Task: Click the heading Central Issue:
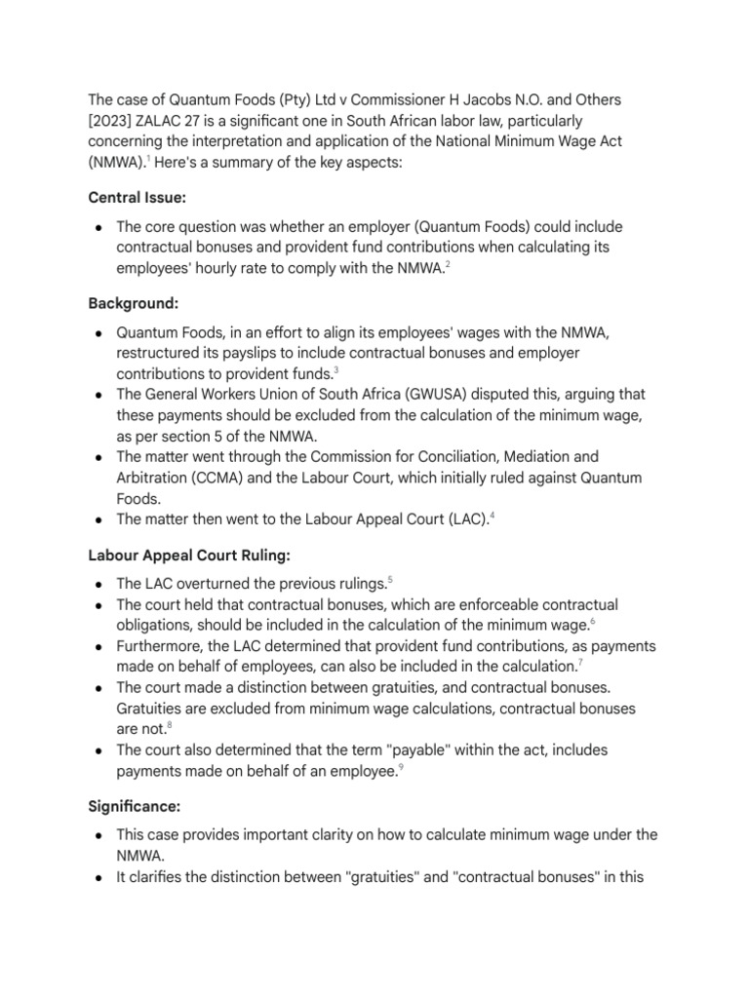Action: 137,198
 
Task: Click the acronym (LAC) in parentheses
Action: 464,519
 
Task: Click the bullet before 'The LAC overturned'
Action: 99,584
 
